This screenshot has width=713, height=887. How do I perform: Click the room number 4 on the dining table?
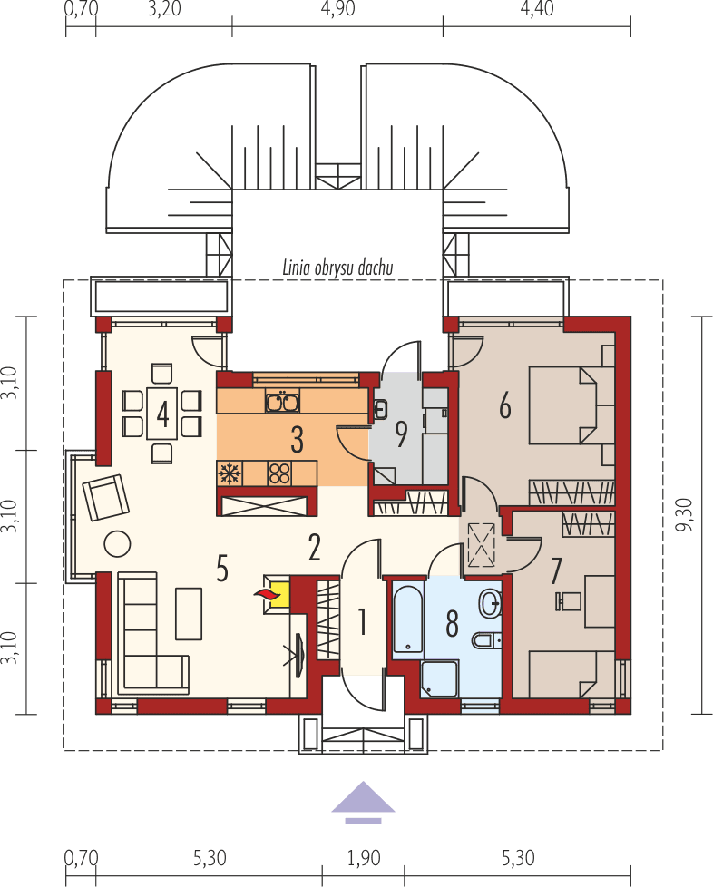coord(162,414)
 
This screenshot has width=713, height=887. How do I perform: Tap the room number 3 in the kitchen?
coord(296,440)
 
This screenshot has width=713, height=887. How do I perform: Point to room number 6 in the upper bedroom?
coord(505,406)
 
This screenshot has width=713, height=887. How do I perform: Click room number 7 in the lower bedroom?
coord(556,570)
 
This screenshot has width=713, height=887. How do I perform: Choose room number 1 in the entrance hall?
coord(362,622)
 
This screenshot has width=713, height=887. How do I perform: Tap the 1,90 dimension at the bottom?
coord(362,857)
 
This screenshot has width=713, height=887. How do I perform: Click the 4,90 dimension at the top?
coord(337,10)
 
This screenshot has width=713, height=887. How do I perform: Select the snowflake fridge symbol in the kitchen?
coord(230,473)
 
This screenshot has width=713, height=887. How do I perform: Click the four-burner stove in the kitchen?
coord(280,473)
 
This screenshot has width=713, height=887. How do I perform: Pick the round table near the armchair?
coord(117,542)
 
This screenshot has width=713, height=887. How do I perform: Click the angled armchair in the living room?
coord(106,496)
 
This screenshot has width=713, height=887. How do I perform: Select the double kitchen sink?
coord(282,400)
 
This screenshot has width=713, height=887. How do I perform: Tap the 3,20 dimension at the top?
coord(163,10)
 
